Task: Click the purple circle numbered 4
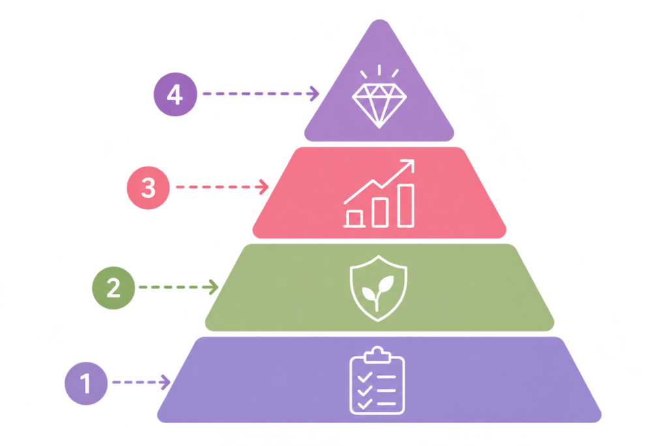point(175,94)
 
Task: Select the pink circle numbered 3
point(148,187)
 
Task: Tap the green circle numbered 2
point(114,288)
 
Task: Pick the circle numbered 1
point(86,383)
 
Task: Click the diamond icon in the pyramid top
point(379,105)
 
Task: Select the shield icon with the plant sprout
point(378,288)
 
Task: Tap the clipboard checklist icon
point(377,380)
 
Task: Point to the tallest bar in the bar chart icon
point(406,206)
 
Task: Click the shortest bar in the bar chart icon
point(354,218)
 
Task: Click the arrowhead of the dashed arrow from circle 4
point(314,94)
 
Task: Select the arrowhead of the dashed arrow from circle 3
point(264,187)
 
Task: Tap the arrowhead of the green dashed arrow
point(214,287)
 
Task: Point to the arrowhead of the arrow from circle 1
point(166,383)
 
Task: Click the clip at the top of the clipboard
point(377,355)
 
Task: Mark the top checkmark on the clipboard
point(365,377)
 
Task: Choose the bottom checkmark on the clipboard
point(365,404)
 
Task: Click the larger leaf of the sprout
point(386,284)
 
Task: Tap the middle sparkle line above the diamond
point(379,70)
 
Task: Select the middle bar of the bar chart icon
point(380,212)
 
